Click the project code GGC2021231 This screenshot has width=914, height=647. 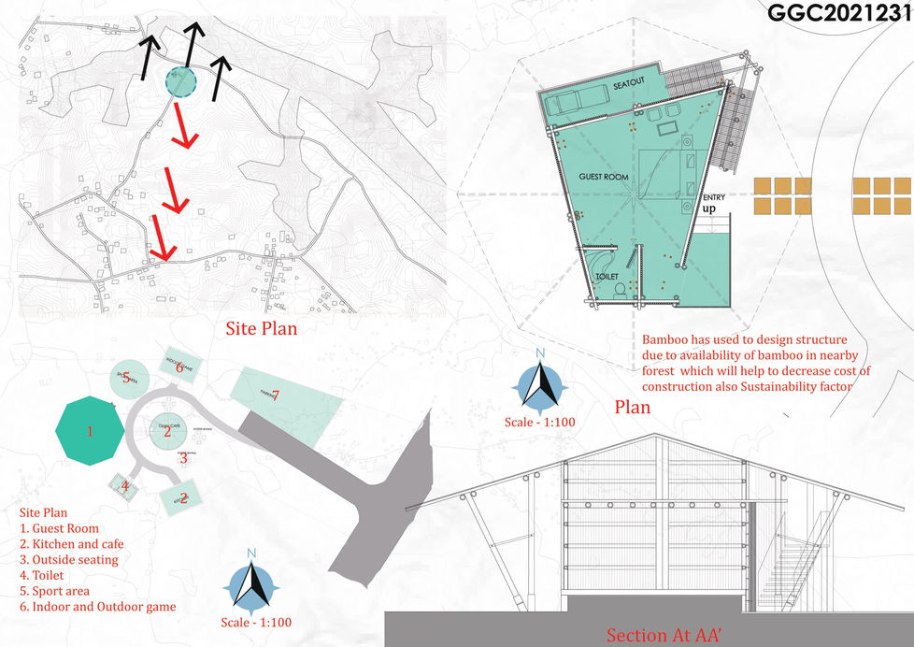click(837, 14)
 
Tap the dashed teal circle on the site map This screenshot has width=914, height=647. click(180, 81)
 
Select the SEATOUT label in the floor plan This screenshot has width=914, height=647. click(630, 85)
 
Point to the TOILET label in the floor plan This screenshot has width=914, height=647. click(608, 279)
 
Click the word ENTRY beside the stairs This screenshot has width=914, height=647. click(716, 196)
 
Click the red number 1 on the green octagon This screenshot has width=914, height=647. click(90, 431)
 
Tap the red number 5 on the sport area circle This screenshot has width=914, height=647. click(125, 378)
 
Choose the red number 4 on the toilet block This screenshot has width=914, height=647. click(122, 486)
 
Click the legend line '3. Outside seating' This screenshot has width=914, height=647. click(69, 559)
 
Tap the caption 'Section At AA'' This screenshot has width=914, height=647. click(664, 635)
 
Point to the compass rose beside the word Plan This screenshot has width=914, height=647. click(539, 384)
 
